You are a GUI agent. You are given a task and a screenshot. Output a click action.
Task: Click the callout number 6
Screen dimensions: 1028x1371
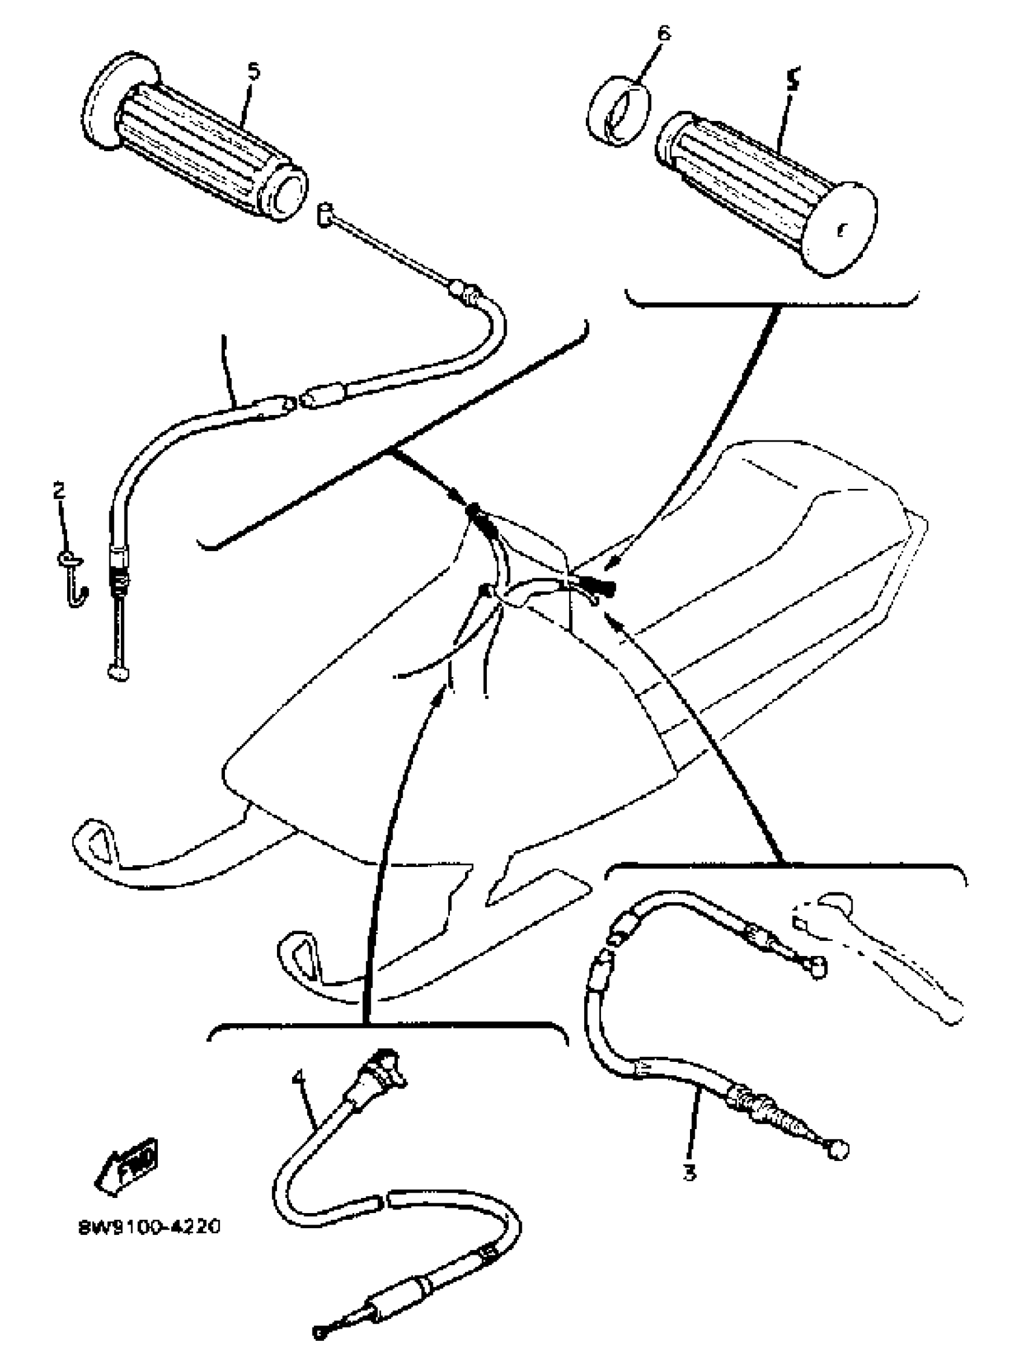[663, 33]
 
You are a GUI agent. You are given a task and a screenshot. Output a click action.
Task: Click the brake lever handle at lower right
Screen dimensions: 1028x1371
[893, 961]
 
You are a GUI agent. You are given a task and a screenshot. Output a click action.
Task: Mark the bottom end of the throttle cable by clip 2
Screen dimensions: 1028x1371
[119, 671]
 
